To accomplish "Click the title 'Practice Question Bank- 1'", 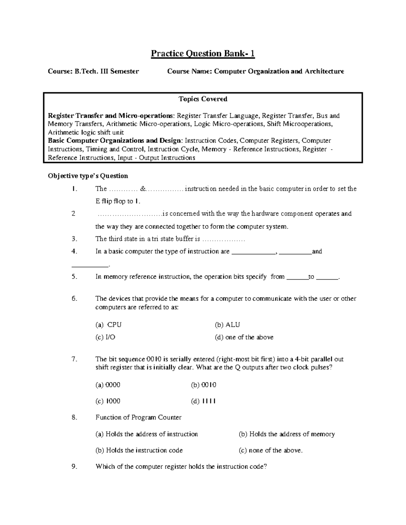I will (x=202, y=54).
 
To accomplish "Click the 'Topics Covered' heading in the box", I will (x=203, y=99).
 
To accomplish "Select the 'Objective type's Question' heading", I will (x=88, y=176).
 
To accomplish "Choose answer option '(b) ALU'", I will (x=227, y=325).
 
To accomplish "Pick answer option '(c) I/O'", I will (x=106, y=337).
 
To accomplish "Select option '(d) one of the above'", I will (x=244, y=337).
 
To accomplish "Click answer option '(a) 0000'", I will (x=108, y=385).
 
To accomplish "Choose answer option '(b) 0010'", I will (x=204, y=385).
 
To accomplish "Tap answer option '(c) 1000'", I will (x=108, y=401).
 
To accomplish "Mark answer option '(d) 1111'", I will (x=203, y=401).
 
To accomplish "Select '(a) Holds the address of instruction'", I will (x=146, y=434).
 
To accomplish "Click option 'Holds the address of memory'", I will (x=292, y=434).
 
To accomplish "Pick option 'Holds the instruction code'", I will (x=144, y=450).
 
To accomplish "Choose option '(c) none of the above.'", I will (x=271, y=450).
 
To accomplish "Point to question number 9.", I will (x=75, y=467).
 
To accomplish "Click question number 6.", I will (x=75, y=299).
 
